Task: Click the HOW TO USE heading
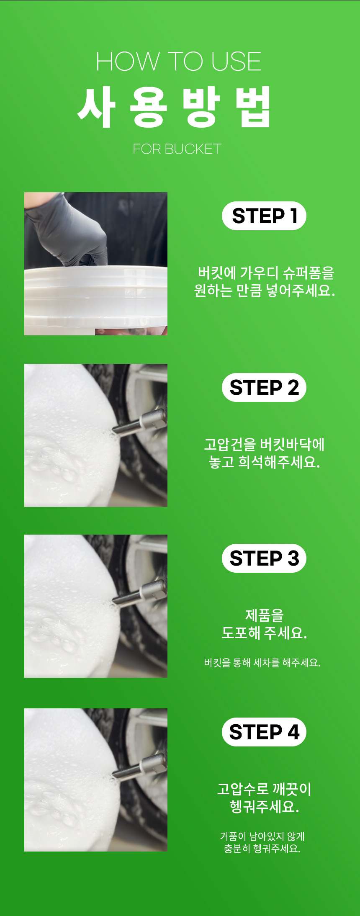[x=179, y=62]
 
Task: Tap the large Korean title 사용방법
[x=175, y=107]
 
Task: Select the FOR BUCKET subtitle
[x=177, y=149]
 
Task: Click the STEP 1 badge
[x=264, y=216]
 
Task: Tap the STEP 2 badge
[x=264, y=388]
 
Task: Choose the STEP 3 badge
[x=264, y=558]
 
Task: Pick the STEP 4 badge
[x=264, y=732]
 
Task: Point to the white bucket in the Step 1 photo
[x=96, y=299]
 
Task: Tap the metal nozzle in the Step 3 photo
[x=140, y=594]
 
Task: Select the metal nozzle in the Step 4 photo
[x=140, y=768]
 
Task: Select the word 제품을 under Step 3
[x=264, y=615]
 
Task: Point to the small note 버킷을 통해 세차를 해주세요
[x=262, y=663]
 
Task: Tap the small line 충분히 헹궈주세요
[x=262, y=849]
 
